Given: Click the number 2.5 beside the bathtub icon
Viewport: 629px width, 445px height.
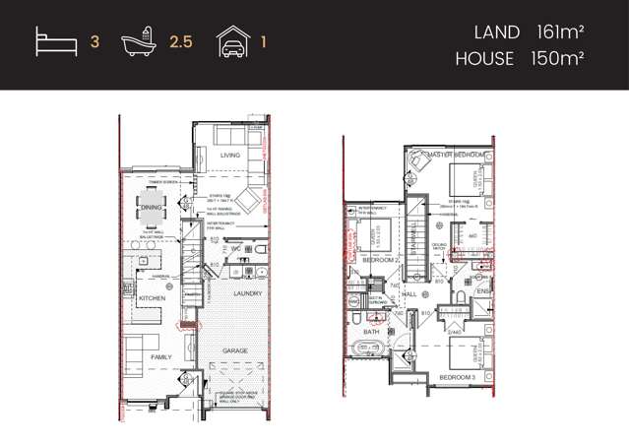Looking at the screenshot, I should pyautogui.click(x=180, y=43).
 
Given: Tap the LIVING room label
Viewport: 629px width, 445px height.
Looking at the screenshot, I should pyautogui.click(x=230, y=156).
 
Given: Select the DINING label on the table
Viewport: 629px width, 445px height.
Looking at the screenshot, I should pyautogui.click(x=152, y=208).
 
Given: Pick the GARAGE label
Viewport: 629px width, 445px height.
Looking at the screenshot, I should pyautogui.click(x=234, y=350).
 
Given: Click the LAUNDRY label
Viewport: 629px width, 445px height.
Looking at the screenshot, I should pyautogui.click(x=248, y=293).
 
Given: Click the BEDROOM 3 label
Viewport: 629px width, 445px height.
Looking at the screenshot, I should pyautogui.click(x=457, y=377).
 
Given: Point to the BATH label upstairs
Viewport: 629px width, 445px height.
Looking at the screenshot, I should pyautogui.click(x=372, y=332).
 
